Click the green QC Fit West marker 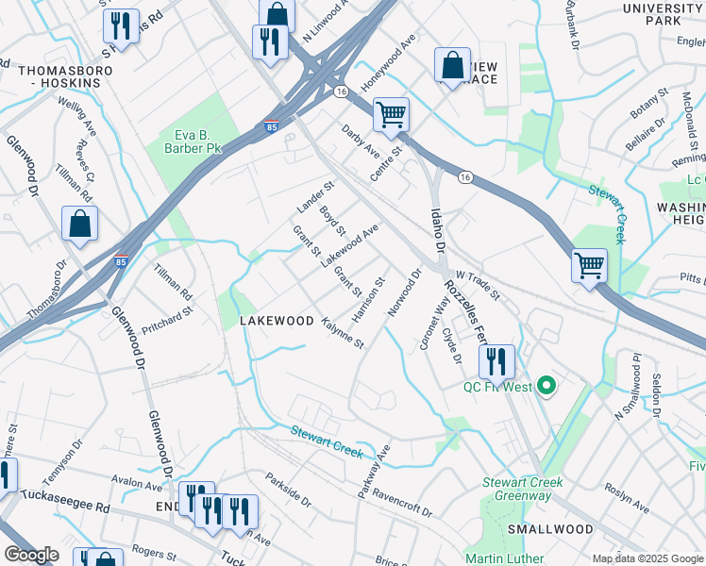[x=546, y=386]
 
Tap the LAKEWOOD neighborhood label [x=277, y=321]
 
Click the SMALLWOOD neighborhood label [x=549, y=529]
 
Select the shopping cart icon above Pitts [x=589, y=265]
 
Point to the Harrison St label [x=369, y=299]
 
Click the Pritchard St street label [x=167, y=320]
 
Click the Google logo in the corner [x=31, y=555]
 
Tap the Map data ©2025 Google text [x=647, y=558]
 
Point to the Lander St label [x=315, y=197]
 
